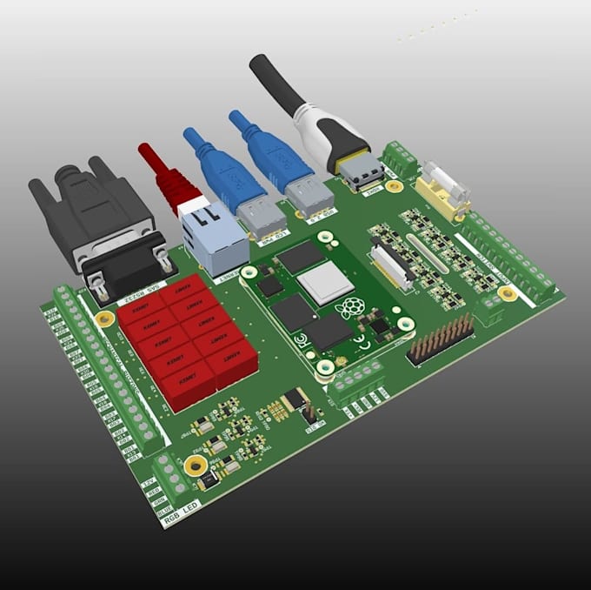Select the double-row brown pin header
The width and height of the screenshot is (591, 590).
click(442, 338)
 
